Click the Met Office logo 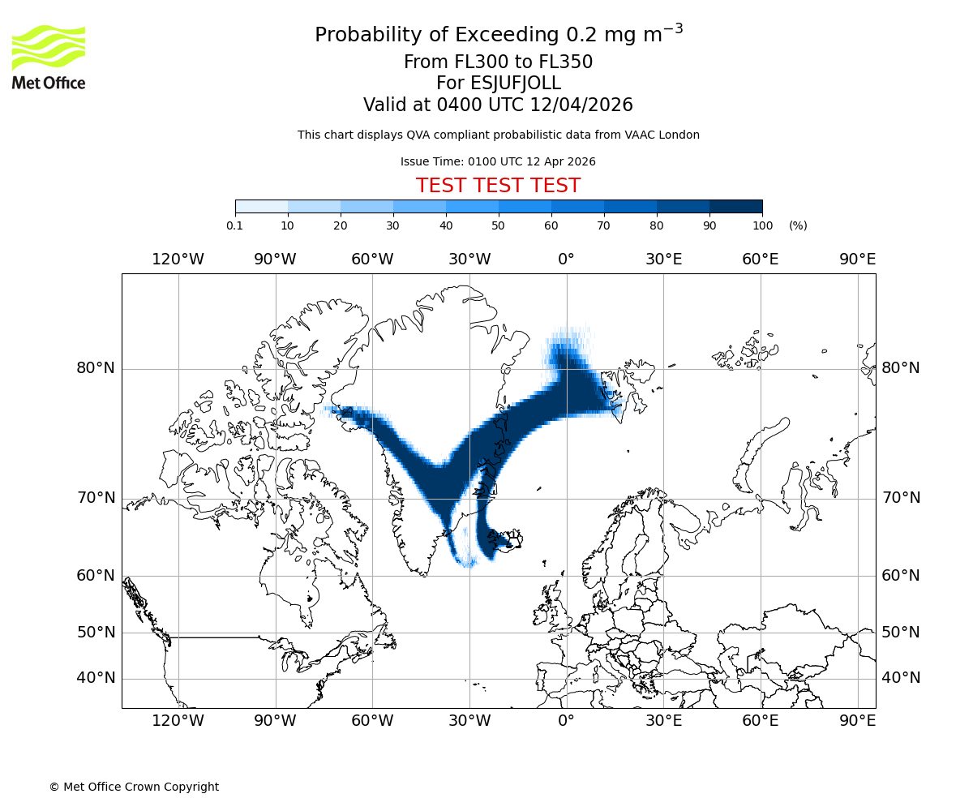(49, 57)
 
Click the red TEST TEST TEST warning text (498, 186)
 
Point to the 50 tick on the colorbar (498, 225)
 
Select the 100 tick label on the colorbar (762, 225)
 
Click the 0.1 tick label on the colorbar (235, 225)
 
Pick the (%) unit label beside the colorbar (798, 225)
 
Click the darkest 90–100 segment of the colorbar (735, 207)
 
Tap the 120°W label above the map (178, 260)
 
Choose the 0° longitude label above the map (566, 260)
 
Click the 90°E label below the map (857, 719)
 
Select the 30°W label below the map (469, 719)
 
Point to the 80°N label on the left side (96, 368)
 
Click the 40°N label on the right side (901, 678)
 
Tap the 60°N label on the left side (96, 576)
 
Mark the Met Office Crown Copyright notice (134, 787)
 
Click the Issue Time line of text (498, 161)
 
